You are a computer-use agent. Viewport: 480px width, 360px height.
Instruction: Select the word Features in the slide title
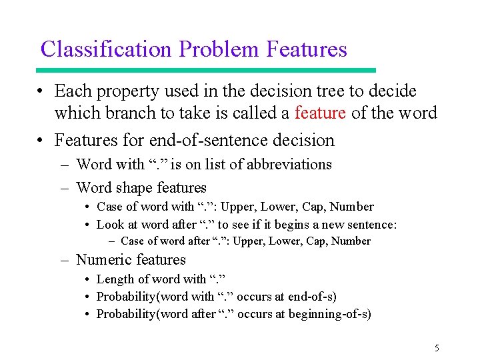pos(307,49)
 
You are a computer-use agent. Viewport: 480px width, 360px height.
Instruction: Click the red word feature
pos(320,113)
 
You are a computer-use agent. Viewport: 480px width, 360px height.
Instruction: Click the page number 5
pos(437,348)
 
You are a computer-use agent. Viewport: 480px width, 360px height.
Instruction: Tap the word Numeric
pos(104,260)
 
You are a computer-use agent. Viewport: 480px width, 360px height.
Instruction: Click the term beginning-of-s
pos(330,314)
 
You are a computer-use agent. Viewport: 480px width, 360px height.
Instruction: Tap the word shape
pos(135,188)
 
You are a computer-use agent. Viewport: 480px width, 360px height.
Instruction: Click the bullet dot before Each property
pos(41,91)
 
